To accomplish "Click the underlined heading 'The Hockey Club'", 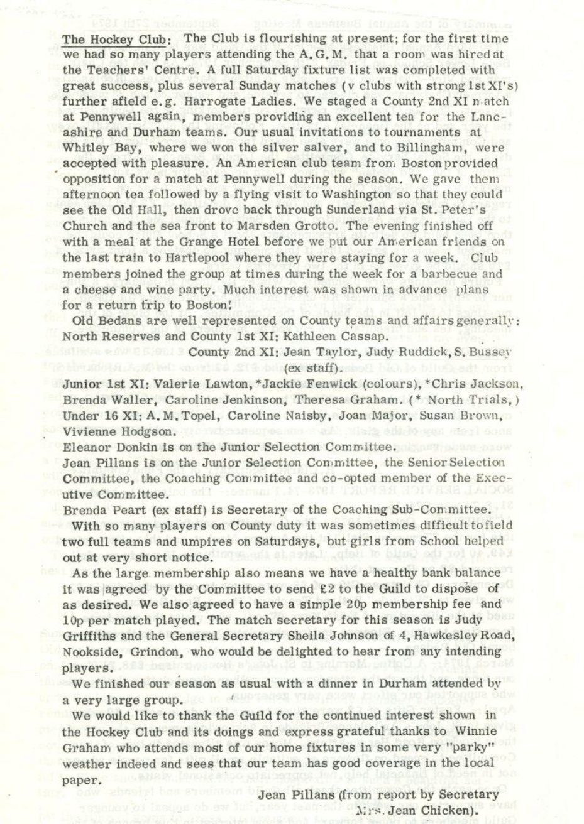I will (x=114, y=40).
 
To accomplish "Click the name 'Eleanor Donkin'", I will (x=104, y=447).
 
